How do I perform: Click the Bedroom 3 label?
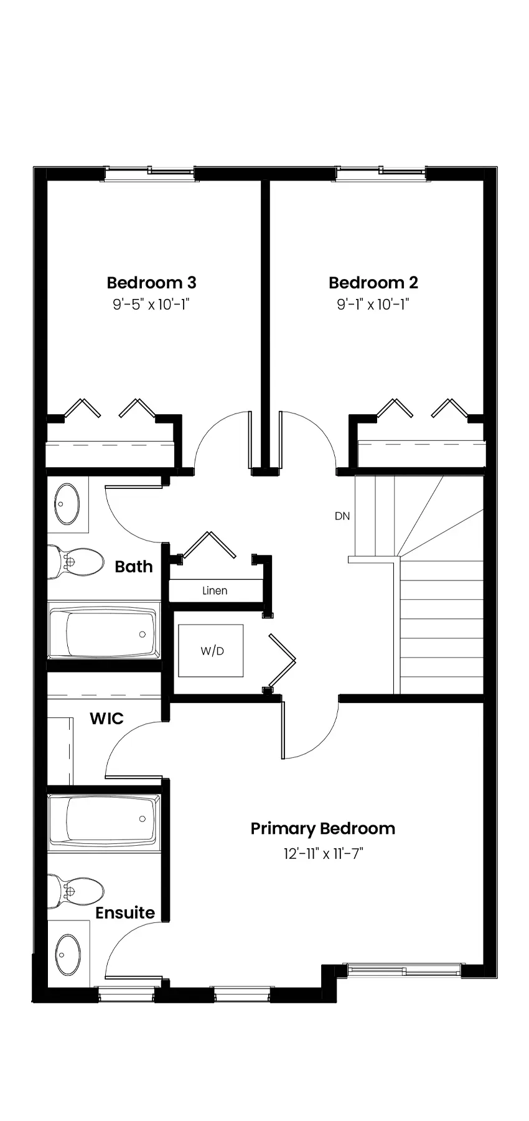pyautogui.click(x=151, y=283)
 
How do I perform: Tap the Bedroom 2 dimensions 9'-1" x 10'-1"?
pyautogui.click(x=373, y=305)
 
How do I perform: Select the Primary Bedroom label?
pyautogui.click(x=323, y=829)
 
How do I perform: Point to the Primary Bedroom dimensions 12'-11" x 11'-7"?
pyautogui.click(x=323, y=853)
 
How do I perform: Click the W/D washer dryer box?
pyautogui.click(x=211, y=651)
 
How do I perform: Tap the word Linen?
pyautogui.click(x=215, y=590)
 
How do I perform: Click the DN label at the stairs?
pyautogui.click(x=342, y=516)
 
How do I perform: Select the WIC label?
pyautogui.click(x=106, y=719)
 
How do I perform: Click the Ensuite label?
pyautogui.click(x=125, y=913)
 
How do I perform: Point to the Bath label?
pyautogui.click(x=134, y=567)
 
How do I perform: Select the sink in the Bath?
pyautogui.click(x=67, y=504)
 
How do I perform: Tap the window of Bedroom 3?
pyautogui.click(x=149, y=174)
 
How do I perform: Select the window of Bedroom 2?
pyautogui.click(x=380, y=173)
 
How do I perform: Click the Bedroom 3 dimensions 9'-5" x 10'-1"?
pyautogui.click(x=151, y=305)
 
